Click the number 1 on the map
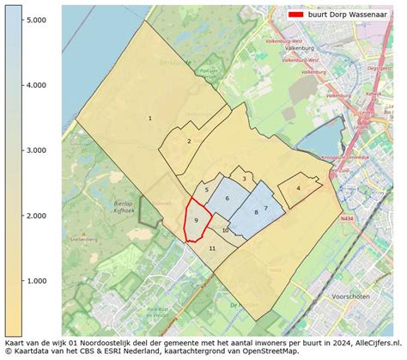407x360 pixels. tap(150, 119)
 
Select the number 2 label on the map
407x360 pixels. tap(189, 142)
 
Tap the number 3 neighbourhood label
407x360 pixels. tap(244, 179)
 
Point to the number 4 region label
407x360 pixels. tap(298, 188)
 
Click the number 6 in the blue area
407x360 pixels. tap(228, 198)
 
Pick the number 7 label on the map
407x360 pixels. tap(265, 208)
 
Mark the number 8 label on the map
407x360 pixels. tap(256, 212)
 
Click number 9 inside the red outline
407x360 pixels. tap(197, 221)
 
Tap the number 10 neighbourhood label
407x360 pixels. tap(225, 230)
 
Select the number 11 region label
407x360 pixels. tap(212, 248)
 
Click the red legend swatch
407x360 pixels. tap(296, 15)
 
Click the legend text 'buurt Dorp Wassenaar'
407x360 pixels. tap(349, 15)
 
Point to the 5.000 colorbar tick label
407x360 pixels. tap(36, 19)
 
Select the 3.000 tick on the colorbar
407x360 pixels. tap(36, 150)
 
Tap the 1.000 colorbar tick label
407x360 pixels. tap(36, 281)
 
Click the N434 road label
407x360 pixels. tap(346, 220)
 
